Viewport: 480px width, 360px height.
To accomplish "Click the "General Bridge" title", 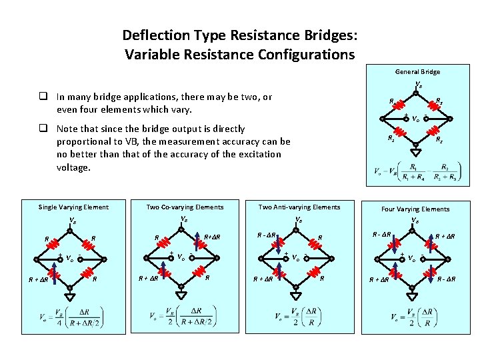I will [x=417, y=72].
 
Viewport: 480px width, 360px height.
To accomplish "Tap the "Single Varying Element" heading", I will [x=73, y=207].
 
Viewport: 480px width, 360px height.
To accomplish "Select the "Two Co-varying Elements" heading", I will [x=185, y=207].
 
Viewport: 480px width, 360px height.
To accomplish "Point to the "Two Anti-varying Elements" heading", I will [x=299, y=207].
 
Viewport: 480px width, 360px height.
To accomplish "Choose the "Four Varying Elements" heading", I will [x=415, y=209].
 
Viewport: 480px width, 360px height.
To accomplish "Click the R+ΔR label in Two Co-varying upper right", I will [x=212, y=237].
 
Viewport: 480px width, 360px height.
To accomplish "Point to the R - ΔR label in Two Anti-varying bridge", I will [x=267, y=234].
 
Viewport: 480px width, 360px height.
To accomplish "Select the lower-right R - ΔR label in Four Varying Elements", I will [x=446, y=279].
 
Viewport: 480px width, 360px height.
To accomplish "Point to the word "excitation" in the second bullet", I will [x=233, y=155].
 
